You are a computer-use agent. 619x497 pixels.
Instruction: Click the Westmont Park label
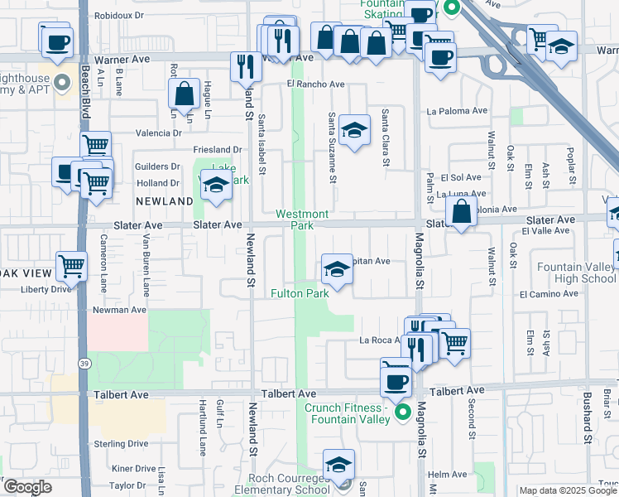[302, 220]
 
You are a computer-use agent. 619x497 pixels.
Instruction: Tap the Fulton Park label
[300, 293]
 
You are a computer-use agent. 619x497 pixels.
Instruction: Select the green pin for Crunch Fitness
[403, 412]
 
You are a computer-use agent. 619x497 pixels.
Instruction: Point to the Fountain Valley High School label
[576, 273]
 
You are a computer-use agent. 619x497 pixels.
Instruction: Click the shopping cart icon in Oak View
[72, 267]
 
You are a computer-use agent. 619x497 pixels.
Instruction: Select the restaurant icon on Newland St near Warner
[245, 66]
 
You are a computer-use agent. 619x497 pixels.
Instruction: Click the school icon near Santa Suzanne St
[354, 129]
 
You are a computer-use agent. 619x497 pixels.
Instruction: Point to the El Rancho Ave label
[315, 84]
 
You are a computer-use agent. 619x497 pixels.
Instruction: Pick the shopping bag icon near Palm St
[462, 213]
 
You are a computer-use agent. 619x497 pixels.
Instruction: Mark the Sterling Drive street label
[120, 444]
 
